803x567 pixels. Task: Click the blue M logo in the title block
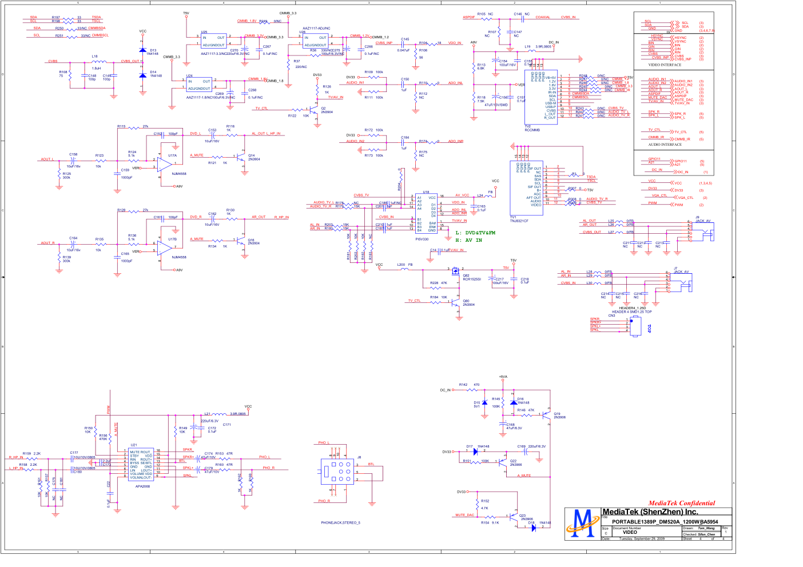[x=583, y=523]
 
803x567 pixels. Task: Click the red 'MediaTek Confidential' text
[x=681, y=504]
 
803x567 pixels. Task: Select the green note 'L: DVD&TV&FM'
[x=475, y=233]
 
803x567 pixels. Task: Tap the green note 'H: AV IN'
[x=468, y=241]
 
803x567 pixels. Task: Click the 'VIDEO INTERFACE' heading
[x=665, y=65]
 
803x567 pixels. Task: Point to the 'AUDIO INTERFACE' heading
[x=665, y=145]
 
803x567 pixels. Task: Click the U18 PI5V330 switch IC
[x=426, y=214]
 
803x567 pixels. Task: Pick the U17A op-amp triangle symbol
[x=165, y=164]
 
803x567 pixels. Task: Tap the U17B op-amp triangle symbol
[x=165, y=247]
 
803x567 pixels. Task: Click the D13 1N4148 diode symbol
[x=143, y=50]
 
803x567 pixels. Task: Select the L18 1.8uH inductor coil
[x=98, y=61]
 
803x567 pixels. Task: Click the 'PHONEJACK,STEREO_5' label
[x=340, y=523]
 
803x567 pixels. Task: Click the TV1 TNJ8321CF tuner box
[x=526, y=187]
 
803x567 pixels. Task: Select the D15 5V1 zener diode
[x=484, y=403]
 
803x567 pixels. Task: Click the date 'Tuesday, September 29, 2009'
[x=642, y=538]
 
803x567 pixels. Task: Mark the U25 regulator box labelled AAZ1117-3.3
[x=213, y=41]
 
